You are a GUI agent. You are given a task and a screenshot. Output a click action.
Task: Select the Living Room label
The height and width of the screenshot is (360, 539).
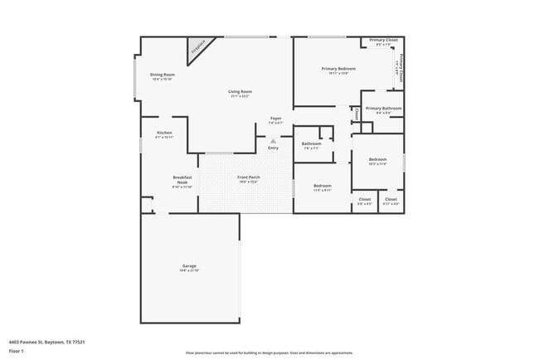coord(240,92)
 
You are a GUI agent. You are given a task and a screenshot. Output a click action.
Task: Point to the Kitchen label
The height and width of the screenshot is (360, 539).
coord(164,134)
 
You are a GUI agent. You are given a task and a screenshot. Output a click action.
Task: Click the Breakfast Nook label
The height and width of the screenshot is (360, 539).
coord(182,180)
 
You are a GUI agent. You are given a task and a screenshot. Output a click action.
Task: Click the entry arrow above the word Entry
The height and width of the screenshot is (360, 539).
coord(273,141)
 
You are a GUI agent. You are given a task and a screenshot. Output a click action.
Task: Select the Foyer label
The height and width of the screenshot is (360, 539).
coord(276,119)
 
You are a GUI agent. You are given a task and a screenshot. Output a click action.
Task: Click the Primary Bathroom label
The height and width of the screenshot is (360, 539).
coord(384,109)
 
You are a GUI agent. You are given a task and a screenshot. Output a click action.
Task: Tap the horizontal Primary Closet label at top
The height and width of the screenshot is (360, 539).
coord(383,41)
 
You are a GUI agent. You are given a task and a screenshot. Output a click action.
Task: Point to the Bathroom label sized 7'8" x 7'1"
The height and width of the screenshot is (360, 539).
coord(312,144)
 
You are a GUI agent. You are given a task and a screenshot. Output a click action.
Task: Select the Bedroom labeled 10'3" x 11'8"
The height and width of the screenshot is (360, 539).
coord(377,159)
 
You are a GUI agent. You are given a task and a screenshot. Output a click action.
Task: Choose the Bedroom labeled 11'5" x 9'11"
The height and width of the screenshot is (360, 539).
coord(323,186)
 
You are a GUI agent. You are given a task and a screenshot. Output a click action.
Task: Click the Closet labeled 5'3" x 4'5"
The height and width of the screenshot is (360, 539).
coord(365,199)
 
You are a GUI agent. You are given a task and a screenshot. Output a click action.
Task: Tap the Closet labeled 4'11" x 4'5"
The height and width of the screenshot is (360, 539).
coord(391,199)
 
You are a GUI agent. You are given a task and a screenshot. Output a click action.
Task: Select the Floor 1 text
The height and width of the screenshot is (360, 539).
coord(16,351)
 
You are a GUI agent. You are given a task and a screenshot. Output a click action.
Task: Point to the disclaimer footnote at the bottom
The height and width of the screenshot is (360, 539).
coord(269,353)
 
